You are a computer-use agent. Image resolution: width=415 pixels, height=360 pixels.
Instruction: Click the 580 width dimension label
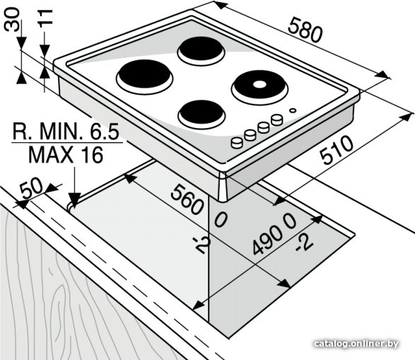click(305, 30)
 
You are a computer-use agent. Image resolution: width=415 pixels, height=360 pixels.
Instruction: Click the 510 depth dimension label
click(337, 149)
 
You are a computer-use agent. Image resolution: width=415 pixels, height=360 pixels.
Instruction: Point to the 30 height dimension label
click(12, 19)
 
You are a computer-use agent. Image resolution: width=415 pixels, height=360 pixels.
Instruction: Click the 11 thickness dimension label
click(45, 18)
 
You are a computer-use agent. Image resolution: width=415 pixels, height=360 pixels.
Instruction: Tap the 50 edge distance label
click(32, 187)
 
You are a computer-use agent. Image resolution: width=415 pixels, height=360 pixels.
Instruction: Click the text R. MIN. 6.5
click(66, 132)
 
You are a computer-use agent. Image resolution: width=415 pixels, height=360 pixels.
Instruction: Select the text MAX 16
click(66, 155)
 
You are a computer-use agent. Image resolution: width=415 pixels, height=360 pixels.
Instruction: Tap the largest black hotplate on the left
click(144, 75)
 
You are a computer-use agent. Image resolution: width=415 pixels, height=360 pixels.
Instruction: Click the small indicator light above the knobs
click(293, 110)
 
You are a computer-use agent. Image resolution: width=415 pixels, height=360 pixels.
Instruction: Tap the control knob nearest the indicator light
click(277, 120)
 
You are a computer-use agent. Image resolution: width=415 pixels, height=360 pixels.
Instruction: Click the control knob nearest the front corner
click(237, 142)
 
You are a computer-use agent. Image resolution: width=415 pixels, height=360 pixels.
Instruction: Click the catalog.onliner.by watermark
click(356, 344)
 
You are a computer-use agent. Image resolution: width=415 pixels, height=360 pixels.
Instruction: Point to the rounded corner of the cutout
click(70, 207)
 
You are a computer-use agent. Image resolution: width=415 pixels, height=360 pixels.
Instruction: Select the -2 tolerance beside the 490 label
click(305, 242)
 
